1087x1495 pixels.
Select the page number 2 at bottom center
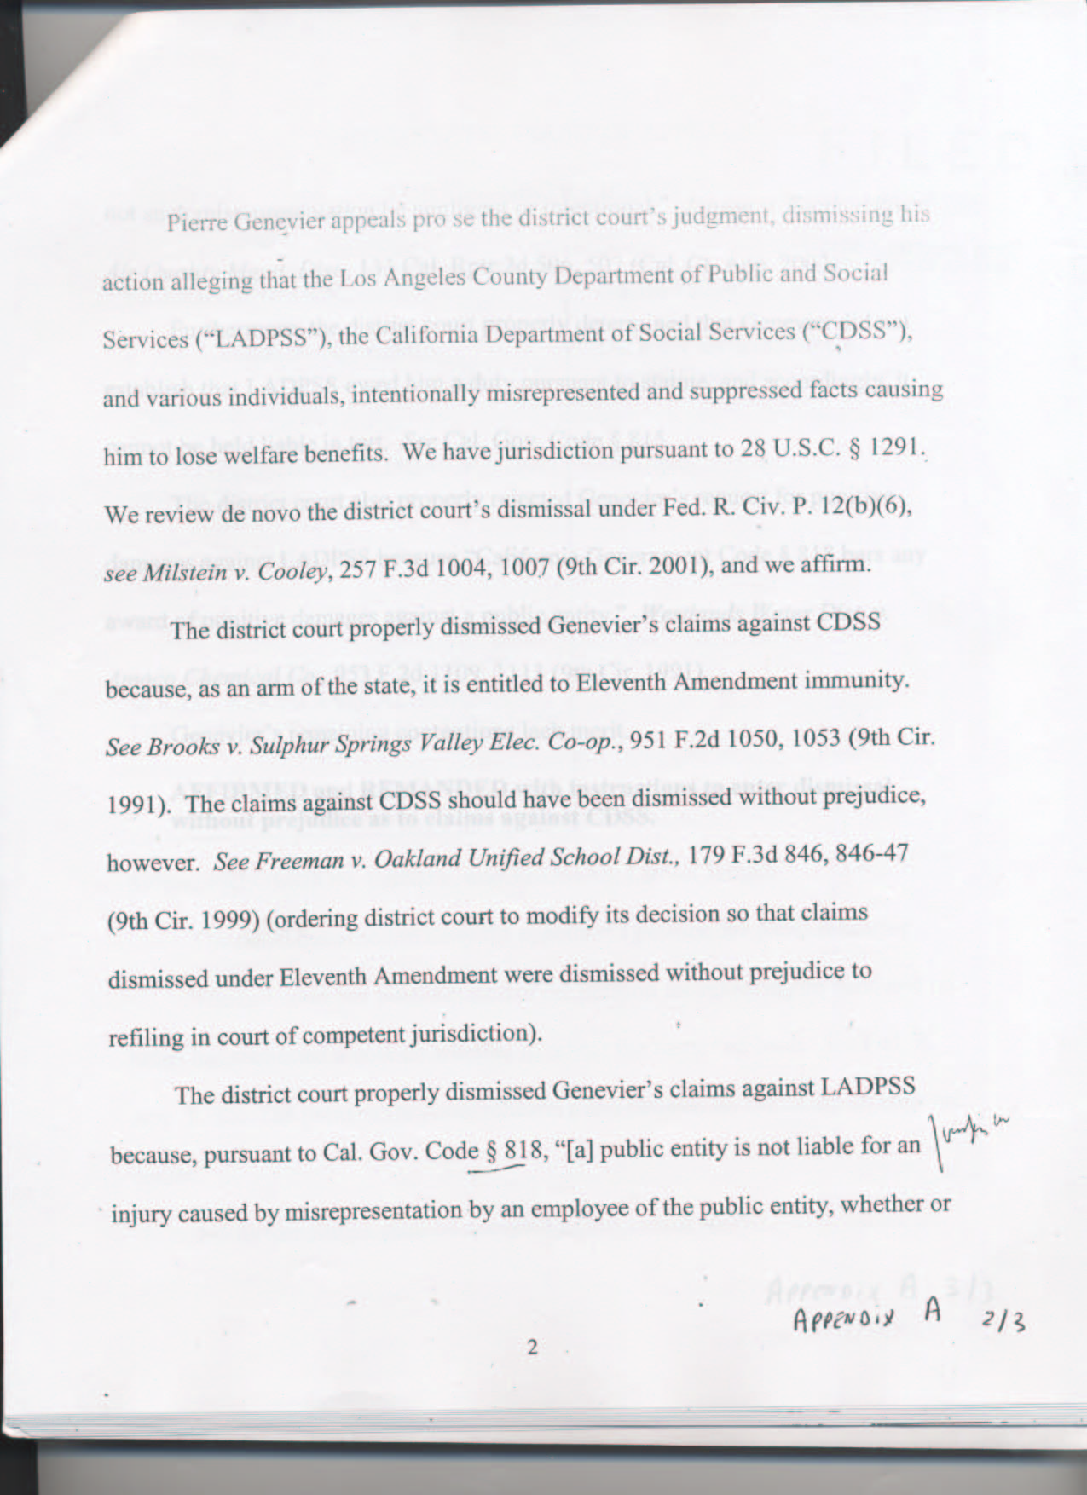[532, 1348]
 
